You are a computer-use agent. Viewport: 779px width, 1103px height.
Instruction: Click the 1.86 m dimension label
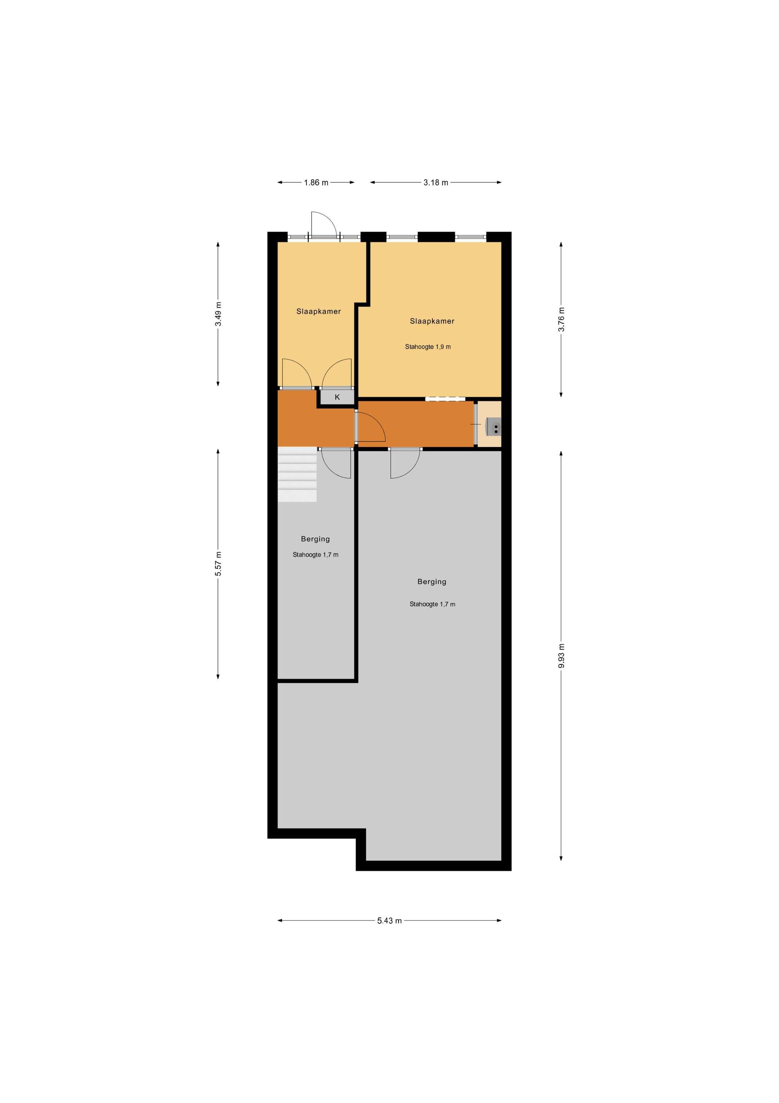pos(316,183)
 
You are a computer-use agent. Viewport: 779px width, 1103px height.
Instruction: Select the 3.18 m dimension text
pos(435,183)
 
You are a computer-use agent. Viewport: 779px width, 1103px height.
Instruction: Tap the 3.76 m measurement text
pos(561,319)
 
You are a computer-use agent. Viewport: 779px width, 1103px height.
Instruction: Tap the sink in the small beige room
pos(494,426)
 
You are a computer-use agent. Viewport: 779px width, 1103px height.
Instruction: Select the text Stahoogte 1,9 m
pos(428,347)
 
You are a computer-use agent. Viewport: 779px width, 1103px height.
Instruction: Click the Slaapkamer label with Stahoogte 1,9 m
pos(432,321)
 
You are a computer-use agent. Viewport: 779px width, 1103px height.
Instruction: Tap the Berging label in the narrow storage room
pos(315,539)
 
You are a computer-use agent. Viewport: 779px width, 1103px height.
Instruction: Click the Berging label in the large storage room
pos(432,582)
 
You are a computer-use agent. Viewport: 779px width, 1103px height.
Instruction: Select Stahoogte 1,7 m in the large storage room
pos(432,604)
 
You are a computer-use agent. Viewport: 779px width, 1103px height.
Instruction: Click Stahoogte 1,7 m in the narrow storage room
pos(315,555)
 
